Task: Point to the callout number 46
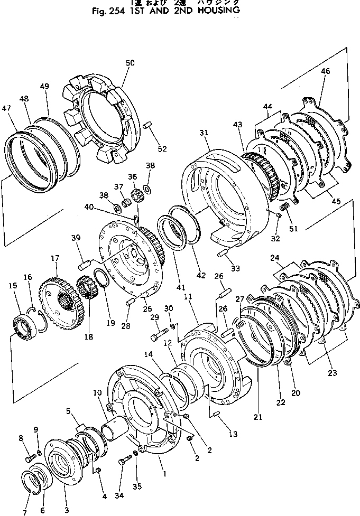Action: click(x=326, y=71)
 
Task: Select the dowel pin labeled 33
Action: click(x=223, y=255)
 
